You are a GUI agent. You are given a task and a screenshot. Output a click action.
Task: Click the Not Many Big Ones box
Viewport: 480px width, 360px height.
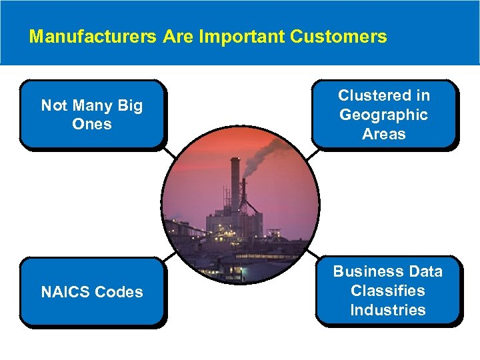tap(92, 114)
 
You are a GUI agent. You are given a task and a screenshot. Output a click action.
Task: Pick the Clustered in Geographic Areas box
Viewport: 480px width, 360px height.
tap(383, 114)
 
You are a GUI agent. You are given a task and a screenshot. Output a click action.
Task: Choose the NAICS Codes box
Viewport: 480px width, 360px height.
tap(92, 291)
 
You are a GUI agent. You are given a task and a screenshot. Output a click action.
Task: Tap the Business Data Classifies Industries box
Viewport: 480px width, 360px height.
tap(387, 291)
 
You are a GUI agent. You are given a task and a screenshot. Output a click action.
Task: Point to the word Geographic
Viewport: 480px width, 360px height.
tap(383, 115)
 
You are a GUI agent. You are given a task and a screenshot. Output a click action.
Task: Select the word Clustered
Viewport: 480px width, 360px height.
tap(383, 95)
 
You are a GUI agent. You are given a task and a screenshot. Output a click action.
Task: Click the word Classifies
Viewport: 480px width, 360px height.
tap(387, 291)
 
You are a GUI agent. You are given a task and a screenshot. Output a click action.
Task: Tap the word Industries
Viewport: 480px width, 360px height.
tap(387, 310)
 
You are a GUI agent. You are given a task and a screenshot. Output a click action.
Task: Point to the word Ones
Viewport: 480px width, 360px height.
tap(92, 124)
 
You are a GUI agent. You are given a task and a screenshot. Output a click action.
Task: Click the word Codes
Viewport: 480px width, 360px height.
tap(119, 292)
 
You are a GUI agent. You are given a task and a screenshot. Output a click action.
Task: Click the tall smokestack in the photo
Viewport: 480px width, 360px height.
tap(234, 187)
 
